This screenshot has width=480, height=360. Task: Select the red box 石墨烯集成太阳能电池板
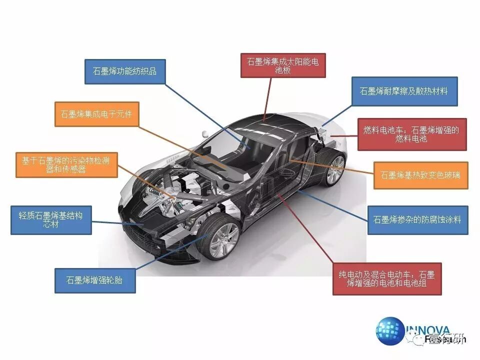[x=283, y=65]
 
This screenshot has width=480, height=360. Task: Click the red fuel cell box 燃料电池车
[x=411, y=134]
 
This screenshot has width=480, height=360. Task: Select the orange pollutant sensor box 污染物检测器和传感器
[x=66, y=165]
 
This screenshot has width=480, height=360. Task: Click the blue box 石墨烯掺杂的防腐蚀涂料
[x=417, y=219]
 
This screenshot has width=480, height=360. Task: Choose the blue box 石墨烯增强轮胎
[x=95, y=280]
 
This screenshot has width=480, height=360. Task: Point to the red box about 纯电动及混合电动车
[x=383, y=279]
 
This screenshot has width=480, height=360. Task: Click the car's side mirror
[x=204, y=134]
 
